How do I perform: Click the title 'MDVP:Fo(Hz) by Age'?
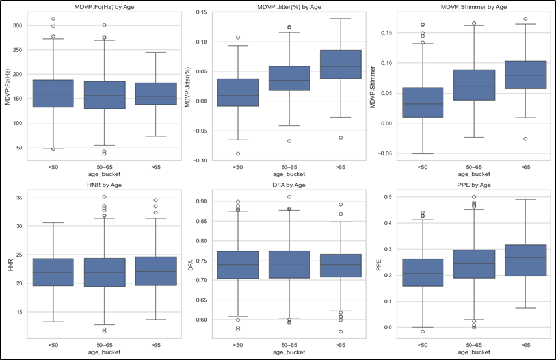point(104,6)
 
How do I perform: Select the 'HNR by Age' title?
point(104,185)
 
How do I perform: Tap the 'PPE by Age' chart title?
point(473,185)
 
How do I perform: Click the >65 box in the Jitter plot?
point(340,64)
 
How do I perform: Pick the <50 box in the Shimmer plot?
point(423,103)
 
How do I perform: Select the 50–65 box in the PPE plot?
point(473,264)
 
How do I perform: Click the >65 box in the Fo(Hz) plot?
point(155,94)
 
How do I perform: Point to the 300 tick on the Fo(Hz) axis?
point(18,25)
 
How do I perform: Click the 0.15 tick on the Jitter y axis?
point(202,12)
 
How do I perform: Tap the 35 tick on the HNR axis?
point(19,198)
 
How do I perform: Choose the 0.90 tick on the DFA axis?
point(202,201)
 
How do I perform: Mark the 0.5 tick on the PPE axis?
point(390,197)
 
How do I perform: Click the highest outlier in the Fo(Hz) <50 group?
point(53,19)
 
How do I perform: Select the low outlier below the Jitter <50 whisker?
point(238,154)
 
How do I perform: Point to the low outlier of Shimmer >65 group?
point(525,139)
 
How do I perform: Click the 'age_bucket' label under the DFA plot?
point(289,352)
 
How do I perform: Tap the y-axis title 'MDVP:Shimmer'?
point(373,87)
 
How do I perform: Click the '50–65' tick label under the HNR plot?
point(104,345)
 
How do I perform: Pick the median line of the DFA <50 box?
point(238,265)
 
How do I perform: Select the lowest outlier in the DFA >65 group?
point(341,332)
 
